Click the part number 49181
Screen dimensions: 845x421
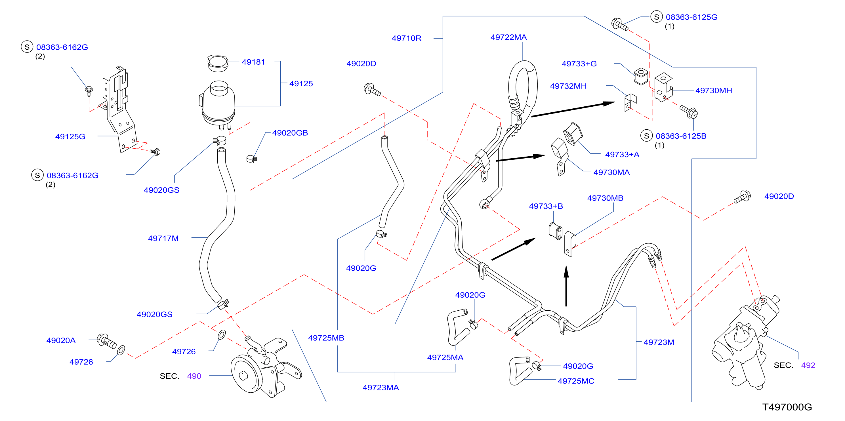(x=253, y=62)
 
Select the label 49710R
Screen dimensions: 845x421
(x=406, y=38)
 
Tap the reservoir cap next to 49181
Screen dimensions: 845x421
(x=217, y=63)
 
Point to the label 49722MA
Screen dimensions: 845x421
(x=508, y=37)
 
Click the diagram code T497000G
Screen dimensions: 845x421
(x=787, y=407)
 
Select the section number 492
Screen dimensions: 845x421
(x=808, y=365)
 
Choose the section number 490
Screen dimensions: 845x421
(x=194, y=376)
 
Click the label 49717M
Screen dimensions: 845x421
(x=163, y=238)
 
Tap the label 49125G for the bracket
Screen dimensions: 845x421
(x=70, y=136)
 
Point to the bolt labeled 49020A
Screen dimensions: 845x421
(x=107, y=341)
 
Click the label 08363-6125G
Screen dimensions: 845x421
(x=691, y=17)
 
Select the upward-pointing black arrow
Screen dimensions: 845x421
(x=566, y=286)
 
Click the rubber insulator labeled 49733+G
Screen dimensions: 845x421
(x=641, y=76)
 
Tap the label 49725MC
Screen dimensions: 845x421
(x=576, y=381)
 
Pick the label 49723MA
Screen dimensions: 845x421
(x=381, y=388)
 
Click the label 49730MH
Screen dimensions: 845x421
(x=714, y=90)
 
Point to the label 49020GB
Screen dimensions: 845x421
(x=290, y=133)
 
